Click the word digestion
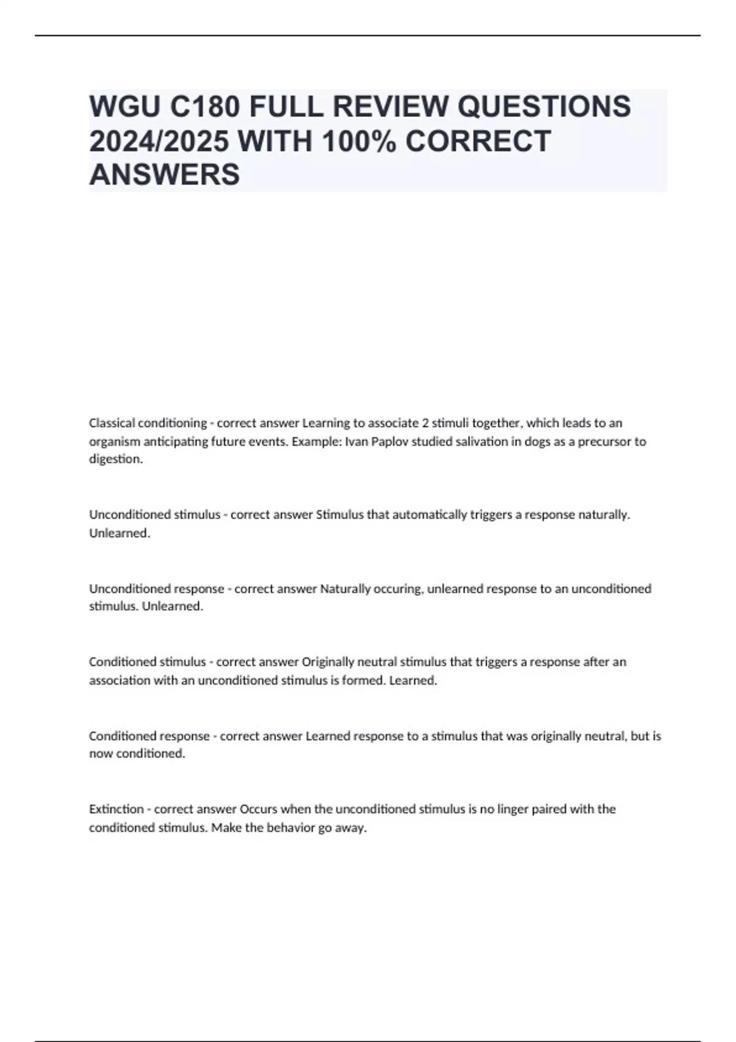point(116,459)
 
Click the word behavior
point(291,827)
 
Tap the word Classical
point(112,423)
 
